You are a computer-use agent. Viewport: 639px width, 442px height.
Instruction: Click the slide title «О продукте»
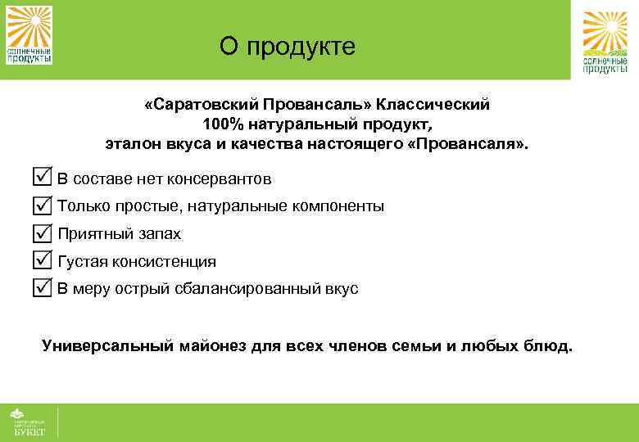288,47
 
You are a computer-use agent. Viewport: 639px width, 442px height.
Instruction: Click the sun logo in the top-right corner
605,43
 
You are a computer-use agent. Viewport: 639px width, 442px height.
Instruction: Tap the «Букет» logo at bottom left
28,422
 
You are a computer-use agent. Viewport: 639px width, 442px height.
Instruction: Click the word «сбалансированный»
250,290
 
